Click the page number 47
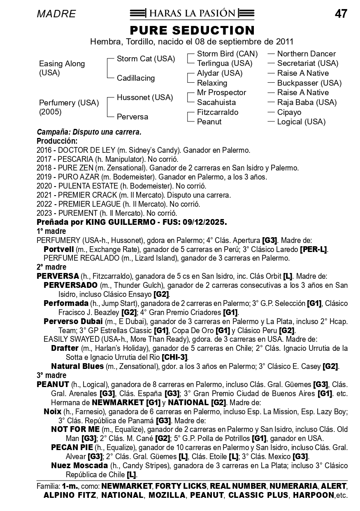341,14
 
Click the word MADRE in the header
56,14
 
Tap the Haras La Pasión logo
192,13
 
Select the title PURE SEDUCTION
192,30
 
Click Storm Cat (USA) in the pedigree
146,59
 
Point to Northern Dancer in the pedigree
306,54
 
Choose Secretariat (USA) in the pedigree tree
307,63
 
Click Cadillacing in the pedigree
136,78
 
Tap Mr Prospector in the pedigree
221,93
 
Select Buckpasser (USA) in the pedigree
309,83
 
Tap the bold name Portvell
58,250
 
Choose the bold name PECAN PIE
72,448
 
